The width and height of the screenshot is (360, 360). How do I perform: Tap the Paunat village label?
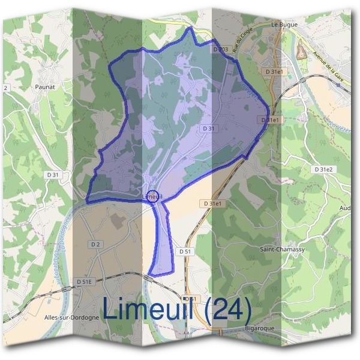click(46, 86)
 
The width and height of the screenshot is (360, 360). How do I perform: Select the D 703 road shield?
click(220, 49)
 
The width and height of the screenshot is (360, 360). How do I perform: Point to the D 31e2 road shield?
click(323, 170)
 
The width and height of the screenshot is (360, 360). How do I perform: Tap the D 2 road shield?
click(95, 244)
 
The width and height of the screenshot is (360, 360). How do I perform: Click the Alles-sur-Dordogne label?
click(71, 317)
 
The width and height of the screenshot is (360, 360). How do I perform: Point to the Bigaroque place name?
click(260, 329)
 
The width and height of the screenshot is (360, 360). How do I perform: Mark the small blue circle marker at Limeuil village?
click(153, 196)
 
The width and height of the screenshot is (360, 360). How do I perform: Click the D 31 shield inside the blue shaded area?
click(208, 128)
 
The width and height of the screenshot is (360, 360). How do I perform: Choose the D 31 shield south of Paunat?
click(54, 175)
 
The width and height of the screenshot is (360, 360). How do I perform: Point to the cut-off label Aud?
click(345, 208)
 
